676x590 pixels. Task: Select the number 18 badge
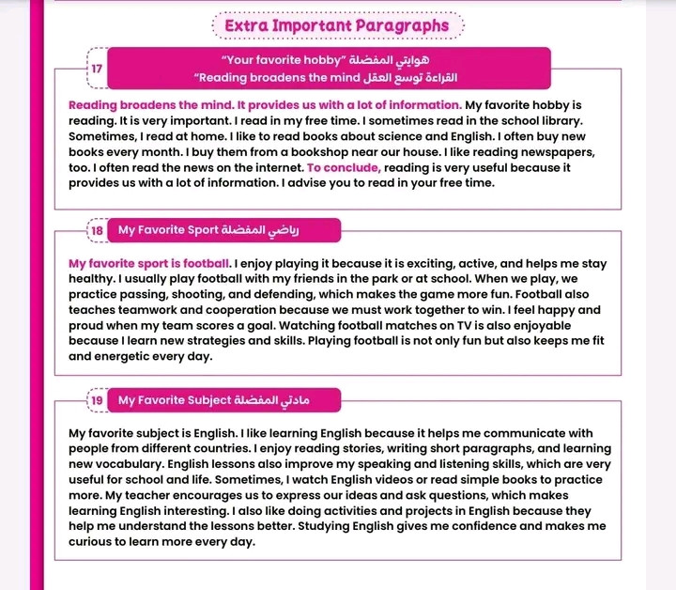98,230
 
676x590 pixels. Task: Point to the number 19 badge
98,401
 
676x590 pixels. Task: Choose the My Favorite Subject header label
175,401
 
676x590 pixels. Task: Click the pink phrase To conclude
344,167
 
